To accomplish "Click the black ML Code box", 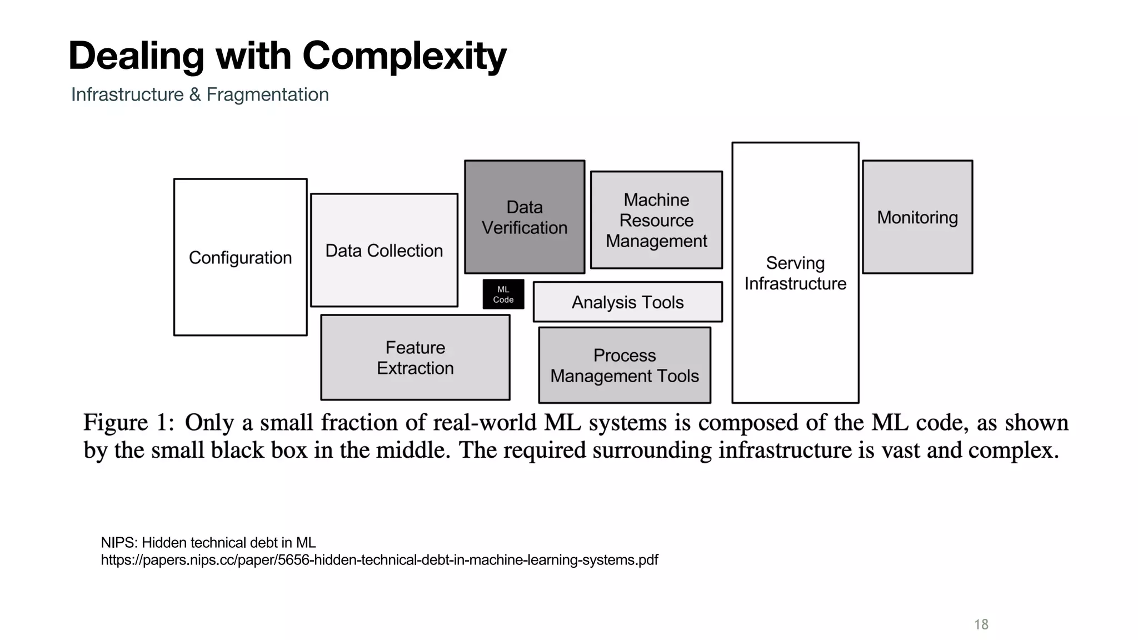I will (503, 294).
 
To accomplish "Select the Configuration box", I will (240, 257).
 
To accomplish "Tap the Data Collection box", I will (384, 251).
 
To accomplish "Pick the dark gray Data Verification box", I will (525, 217).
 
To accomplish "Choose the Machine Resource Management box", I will (656, 220).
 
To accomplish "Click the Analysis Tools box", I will (627, 302).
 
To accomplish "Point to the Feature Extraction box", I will (415, 358).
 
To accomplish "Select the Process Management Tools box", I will (625, 366).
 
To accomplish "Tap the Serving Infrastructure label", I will (795, 273).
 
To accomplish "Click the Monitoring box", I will (917, 217).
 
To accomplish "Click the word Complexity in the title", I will (404, 56).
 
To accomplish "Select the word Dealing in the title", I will (136, 56).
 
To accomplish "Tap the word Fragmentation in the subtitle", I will (267, 94).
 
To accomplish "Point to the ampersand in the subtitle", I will (195, 94).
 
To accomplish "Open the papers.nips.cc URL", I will (379, 560).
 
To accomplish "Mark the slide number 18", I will (981, 624).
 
